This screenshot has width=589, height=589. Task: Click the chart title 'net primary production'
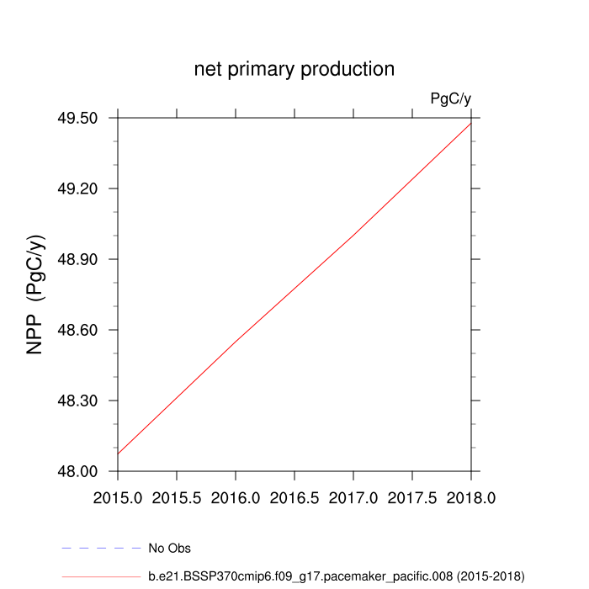tap(294, 69)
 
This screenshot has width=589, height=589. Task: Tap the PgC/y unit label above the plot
tap(450, 99)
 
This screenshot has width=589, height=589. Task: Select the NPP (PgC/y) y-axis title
tap(36, 294)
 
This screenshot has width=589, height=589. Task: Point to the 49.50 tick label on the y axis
tap(76, 118)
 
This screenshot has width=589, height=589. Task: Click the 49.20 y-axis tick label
tap(76, 188)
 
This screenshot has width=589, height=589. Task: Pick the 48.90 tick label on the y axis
tap(76, 259)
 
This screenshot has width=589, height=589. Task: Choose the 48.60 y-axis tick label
tap(76, 330)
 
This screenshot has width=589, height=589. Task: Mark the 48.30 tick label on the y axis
tap(76, 401)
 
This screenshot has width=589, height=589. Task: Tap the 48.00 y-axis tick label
tap(76, 471)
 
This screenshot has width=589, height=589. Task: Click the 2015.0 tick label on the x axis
tap(118, 498)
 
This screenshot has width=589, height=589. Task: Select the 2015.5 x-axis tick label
tap(177, 498)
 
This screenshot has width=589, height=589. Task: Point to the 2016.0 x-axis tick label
tap(236, 498)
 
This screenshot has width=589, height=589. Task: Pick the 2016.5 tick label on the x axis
tap(294, 498)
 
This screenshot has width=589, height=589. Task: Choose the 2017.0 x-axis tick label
tap(353, 498)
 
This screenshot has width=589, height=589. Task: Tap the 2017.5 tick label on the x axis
tap(412, 498)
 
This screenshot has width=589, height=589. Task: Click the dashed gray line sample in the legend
tap(101, 549)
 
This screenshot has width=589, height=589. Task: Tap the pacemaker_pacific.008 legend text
tap(337, 576)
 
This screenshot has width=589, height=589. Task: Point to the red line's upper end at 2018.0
tap(470, 123)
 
